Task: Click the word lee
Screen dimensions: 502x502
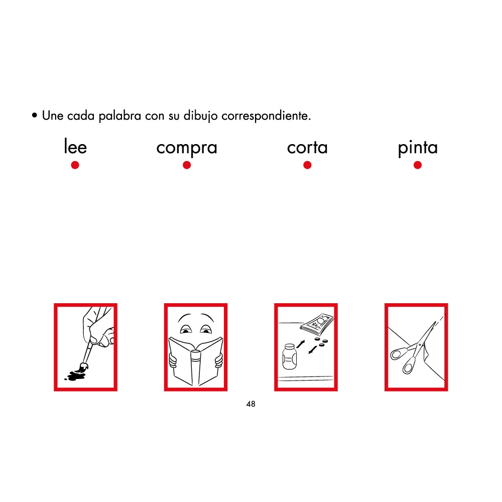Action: click(75, 148)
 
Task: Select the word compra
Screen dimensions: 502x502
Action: click(186, 148)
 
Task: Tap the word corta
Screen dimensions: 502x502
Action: click(307, 148)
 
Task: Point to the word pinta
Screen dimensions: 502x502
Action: click(418, 148)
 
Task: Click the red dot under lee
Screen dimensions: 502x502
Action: click(75, 165)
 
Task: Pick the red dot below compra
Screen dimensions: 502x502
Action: click(187, 165)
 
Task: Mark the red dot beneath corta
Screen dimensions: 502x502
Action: click(307, 165)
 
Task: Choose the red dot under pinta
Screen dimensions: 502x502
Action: click(418, 165)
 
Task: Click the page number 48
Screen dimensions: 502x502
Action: click(251, 404)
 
